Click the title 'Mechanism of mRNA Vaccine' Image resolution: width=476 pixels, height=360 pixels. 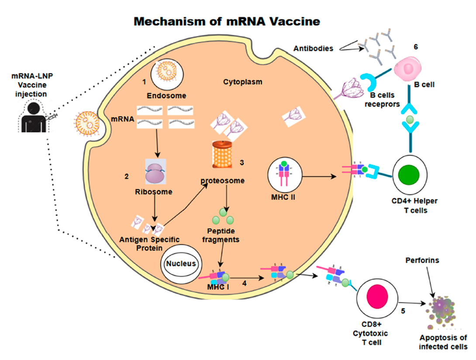tap(227, 21)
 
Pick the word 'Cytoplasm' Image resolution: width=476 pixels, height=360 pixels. tap(242, 82)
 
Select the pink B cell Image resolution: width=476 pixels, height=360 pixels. tap(411, 70)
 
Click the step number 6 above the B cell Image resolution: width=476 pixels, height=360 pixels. tap(416, 46)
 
